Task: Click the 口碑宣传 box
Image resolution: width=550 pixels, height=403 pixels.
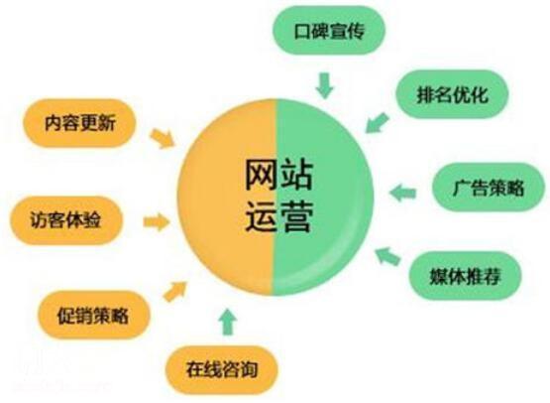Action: (329, 31)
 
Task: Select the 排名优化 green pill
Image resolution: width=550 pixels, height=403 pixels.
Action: (452, 94)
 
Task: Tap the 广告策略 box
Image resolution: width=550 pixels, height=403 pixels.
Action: (489, 188)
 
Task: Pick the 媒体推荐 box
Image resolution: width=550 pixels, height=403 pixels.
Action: (465, 276)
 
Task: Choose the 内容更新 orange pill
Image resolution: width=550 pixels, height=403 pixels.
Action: (79, 123)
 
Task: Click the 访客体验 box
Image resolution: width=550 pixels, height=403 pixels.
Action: (66, 220)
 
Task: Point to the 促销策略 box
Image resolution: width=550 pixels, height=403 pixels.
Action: (94, 316)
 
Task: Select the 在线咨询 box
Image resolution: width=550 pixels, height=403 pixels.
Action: (222, 369)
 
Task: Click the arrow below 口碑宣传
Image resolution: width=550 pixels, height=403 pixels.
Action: (324, 85)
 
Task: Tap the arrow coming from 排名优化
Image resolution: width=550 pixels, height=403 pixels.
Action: (378, 123)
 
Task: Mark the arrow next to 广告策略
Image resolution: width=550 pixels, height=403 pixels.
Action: (402, 193)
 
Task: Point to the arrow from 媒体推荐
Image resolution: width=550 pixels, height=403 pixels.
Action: (387, 256)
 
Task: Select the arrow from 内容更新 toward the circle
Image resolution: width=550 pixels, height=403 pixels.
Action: (162, 139)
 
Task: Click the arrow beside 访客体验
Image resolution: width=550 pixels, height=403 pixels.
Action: (157, 222)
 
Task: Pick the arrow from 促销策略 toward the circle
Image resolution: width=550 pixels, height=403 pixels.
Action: (175, 291)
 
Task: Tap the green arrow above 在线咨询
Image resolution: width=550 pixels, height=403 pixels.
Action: (228, 322)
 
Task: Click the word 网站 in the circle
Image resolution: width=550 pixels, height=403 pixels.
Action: (278, 175)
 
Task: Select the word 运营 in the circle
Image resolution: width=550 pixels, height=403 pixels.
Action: (278, 215)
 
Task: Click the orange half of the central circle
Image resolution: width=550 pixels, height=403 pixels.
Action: (226, 198)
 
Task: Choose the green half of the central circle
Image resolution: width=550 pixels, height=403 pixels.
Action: (323, 198)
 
